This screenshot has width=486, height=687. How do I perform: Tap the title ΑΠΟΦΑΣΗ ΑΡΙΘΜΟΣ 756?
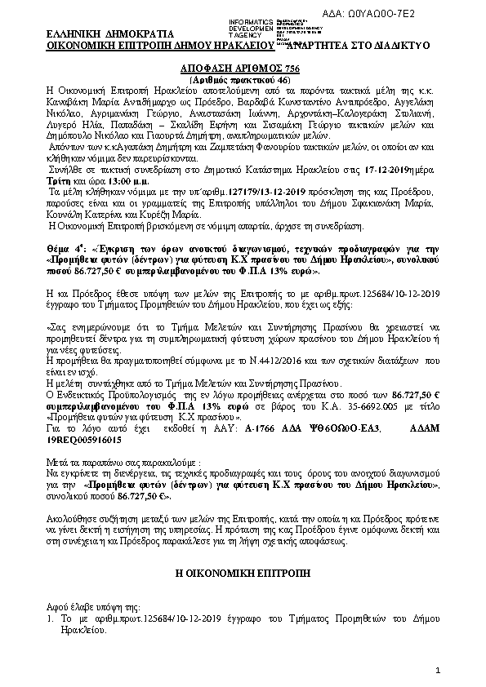(x=243, y=71)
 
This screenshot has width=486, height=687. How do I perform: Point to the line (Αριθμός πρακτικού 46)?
(x=243, y=82)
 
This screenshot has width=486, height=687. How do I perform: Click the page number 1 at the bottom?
(x=438, y=671)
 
